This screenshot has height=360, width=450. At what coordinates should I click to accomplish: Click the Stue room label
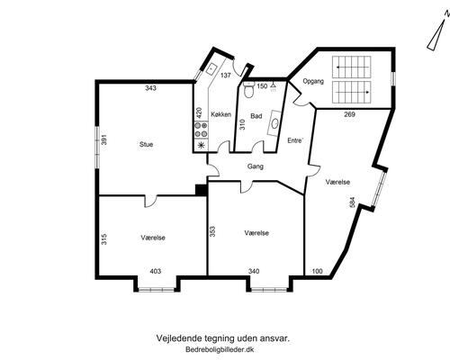(x=146, y=144)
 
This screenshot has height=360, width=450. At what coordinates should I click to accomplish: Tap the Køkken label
(x=220, y=114)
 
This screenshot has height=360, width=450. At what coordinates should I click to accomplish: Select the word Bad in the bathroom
(x=256, y=116)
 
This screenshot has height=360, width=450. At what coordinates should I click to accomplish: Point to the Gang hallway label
(x=256, y=166)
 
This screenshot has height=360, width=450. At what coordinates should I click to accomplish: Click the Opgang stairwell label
(x=313, y=81)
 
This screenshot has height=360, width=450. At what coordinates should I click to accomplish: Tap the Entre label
(x=295, y=140)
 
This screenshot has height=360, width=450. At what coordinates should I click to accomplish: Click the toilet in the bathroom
(x=248, y=89)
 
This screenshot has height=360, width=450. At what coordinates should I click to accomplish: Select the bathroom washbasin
(x=275, y=122)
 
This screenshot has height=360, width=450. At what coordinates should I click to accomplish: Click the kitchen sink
(x=211, y=69)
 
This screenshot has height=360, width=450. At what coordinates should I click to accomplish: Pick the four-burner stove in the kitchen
(x=201, y=130)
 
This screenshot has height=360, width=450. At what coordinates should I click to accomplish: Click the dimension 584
(x=352, y=202)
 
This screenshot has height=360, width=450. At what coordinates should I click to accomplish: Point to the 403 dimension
(x=155, y=271)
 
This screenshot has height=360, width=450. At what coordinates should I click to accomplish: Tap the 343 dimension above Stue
(x=150, y=88)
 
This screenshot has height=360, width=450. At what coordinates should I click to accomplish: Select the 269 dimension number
(x=350, y=114)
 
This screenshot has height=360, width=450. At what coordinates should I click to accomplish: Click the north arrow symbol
(x=437, y=33)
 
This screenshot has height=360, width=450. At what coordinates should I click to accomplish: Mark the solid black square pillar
(x=202, y=190)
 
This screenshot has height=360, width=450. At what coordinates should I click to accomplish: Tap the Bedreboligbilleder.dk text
(x=220, y=349)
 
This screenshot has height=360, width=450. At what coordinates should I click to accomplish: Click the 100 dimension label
(x=317, y=271)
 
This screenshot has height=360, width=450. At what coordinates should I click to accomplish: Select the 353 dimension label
(x=212, y=231)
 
